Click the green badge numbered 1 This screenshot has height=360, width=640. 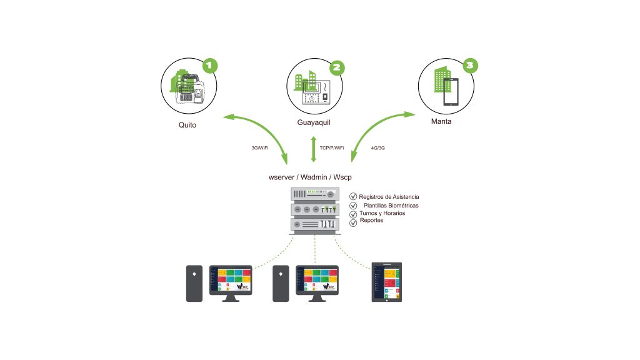pos(211,65)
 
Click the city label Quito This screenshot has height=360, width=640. pos(187,125)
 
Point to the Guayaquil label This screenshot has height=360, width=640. pos(314,122)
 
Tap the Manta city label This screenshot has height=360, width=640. pos(441,121)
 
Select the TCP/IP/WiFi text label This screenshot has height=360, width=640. pos(332,148)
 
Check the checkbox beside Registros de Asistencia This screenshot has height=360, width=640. pos(353,197)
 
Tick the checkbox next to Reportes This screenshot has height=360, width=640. pos(353,222)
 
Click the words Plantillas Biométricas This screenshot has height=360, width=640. pos(391,206)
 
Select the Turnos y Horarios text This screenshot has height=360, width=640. pos(382,213)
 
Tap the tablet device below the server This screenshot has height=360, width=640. pos(387,282)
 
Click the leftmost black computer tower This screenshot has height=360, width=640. pos(194,284)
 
